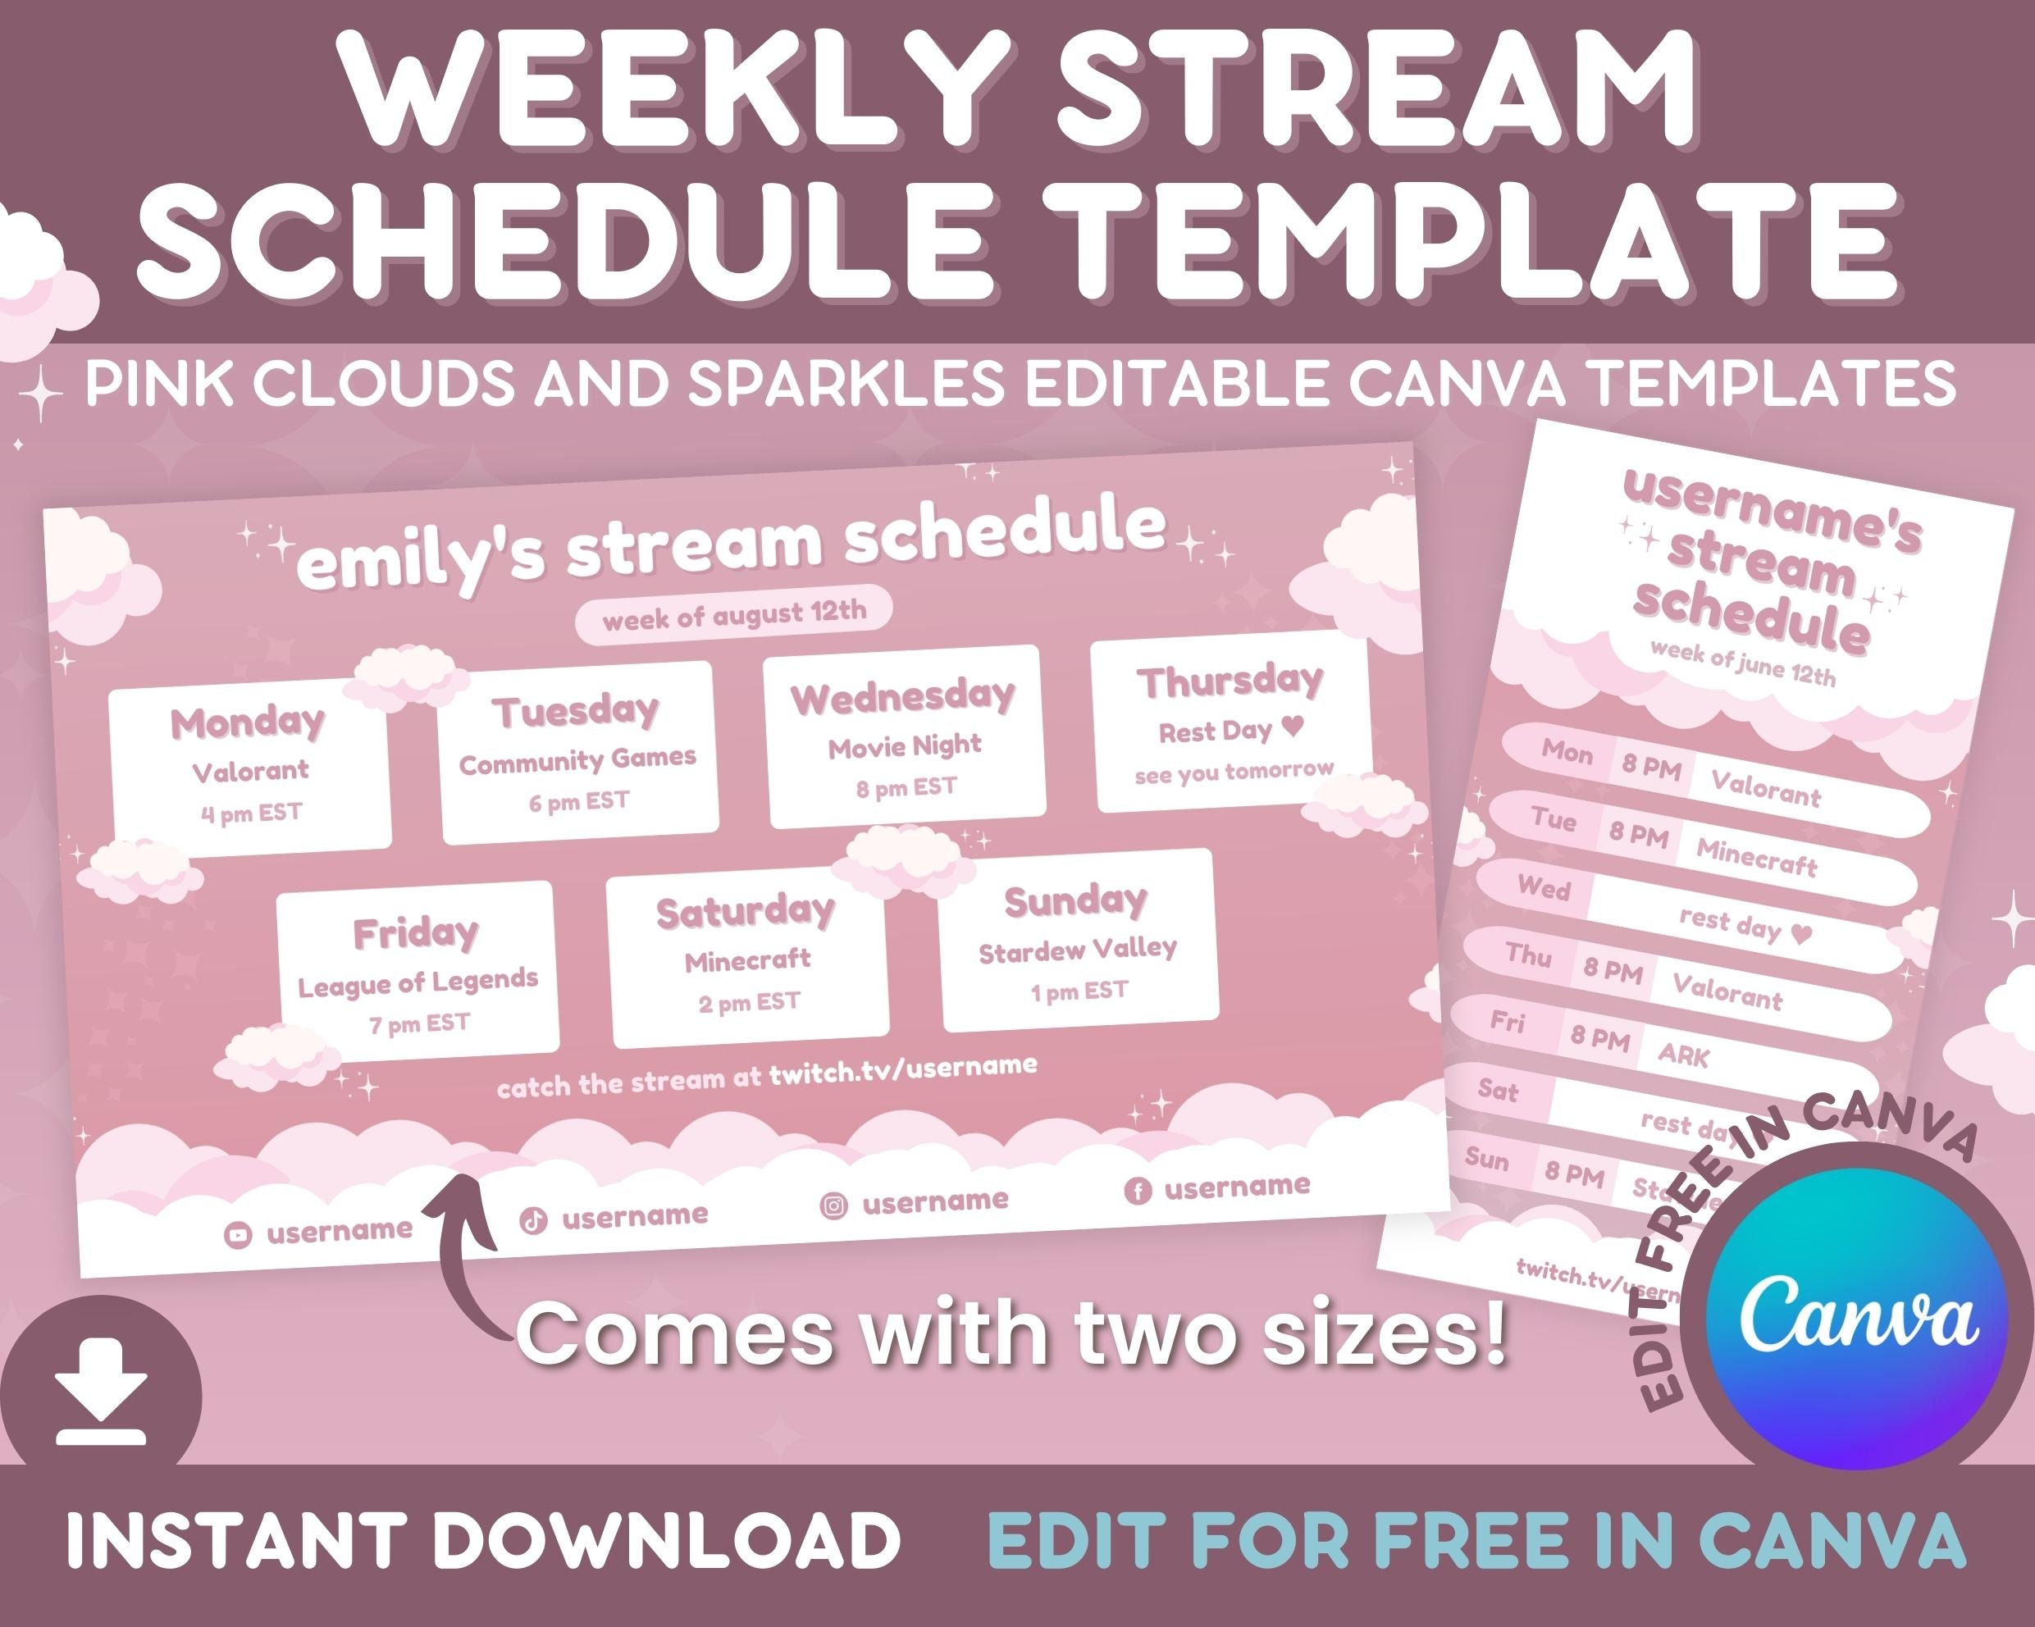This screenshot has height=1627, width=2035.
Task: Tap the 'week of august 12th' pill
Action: click(x=733, y=615)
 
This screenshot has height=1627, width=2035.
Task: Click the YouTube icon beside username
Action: click(x=238, y=1234)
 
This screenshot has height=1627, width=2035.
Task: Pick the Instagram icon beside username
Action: click(x=833, y=1205)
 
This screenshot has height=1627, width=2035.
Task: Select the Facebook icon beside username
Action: click(x=1138, y=1192)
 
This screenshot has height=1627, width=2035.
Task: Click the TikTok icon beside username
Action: click(x=533, y=1221)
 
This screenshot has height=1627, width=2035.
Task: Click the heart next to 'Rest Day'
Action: click(x=1294, y=727)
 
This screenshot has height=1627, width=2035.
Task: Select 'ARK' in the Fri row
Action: click(x=1683, y=1054)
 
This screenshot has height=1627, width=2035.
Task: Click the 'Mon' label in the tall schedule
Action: click(x=1567, y=752)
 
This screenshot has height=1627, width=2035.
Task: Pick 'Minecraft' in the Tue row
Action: click(x=1755, y=858)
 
